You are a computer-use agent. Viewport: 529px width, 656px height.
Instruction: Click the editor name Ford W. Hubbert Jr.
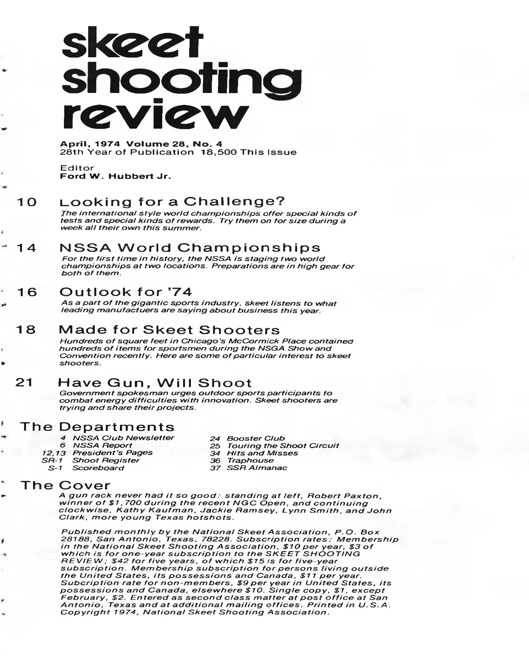(x=115, y=177)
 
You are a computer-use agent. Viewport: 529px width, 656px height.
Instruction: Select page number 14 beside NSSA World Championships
(x=26, y=248)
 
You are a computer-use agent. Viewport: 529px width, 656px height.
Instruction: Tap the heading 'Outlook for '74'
(x=126, y=292)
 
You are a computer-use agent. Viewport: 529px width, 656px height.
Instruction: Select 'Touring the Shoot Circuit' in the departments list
(x=283, y=446)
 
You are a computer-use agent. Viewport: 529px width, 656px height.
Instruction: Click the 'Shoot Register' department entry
(x=106, y=460)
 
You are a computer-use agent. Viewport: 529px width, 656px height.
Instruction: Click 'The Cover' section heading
(x=66, y=486)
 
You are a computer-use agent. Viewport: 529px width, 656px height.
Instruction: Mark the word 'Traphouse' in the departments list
(x=250, y=460)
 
